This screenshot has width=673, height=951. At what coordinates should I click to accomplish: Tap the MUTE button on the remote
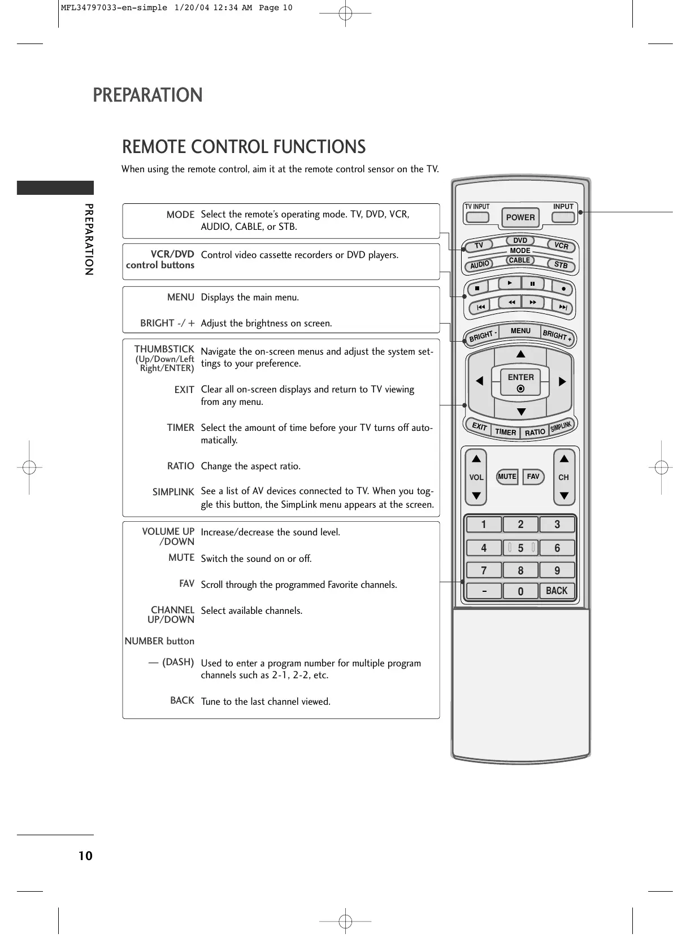[x=507, y=477]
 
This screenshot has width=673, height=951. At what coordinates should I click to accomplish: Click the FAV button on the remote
[x=533, y=477]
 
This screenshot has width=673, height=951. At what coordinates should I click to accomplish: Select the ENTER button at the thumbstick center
[x=520, y=382]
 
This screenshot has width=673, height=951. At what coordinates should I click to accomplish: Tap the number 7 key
[x=483, y=570]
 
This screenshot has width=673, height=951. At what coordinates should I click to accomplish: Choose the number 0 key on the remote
[x=520, y=591]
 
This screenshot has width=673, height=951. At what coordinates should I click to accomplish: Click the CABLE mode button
[x=519, y=260]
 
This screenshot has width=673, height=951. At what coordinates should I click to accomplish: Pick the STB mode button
[x=561, y=264]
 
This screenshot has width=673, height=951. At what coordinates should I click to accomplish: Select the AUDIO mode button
[x=480, y=264]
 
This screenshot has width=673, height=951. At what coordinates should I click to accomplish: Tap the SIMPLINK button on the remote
[x=562, y=426]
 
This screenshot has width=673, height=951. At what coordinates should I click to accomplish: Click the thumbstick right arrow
[x=562, y=382]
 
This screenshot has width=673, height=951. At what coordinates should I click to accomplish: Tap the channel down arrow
[x=564, y=496]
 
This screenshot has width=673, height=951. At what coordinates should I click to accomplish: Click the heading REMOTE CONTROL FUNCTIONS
[x=244, y=147]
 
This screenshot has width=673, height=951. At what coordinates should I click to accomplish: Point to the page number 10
[x=85, y=856]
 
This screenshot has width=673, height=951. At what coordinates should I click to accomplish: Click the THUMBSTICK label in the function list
[x=164, y=350]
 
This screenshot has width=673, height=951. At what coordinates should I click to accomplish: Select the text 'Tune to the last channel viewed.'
[x=266, y=701]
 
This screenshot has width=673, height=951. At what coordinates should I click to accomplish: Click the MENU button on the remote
[x=520, y=331]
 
